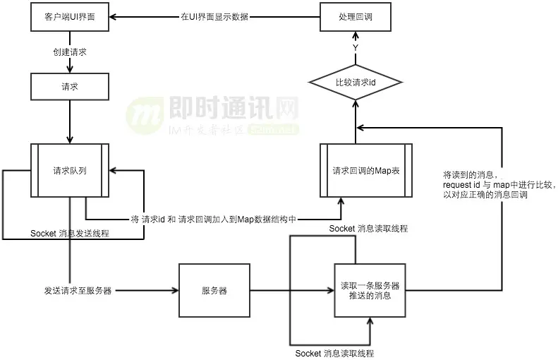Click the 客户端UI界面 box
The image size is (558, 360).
[x=70, y=17]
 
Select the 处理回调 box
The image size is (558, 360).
[x=356, y=17]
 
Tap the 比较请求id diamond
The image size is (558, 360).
[x=356, y=83]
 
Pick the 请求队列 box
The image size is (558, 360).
[x=70, y=170]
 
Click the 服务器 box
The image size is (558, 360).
[x=214, y=290]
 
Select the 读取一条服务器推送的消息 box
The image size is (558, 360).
[x=365, y=290]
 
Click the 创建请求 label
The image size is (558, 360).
[x=70, y=52]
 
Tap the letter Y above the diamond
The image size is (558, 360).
[x=356, y=47]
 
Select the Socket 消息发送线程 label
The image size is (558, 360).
[x=70, y=234]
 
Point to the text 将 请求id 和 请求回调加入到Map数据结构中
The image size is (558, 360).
[x=213, y=220]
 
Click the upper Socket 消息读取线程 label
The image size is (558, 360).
[x=368, y=229]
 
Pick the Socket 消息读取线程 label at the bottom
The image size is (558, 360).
[x=334, y=353]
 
